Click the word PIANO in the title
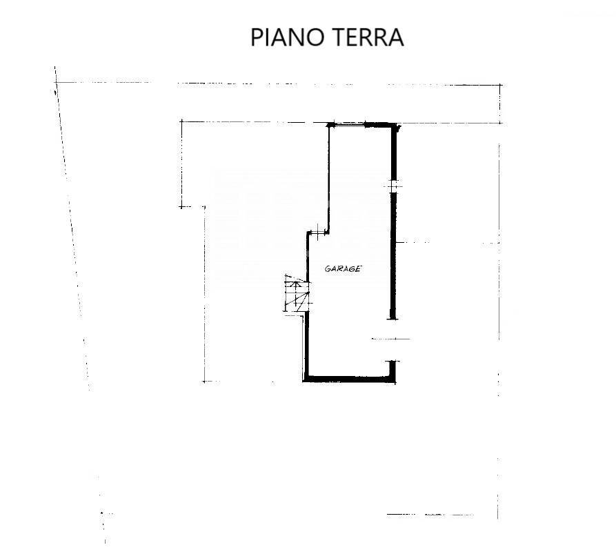(287, 37)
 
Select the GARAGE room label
(343, 269)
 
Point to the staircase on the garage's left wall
(297, 293)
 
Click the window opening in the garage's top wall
(350, 125)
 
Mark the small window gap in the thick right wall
(394, 186)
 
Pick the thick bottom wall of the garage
(350, 379)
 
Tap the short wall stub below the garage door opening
(393, 369)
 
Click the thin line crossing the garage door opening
(391, 339)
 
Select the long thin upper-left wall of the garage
(328, 179)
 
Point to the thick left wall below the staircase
(306, 346)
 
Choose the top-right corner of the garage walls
(396, 124)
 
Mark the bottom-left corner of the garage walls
(306, 380)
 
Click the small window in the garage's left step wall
(317, 232)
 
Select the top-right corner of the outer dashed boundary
(501, 84)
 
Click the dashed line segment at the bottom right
(430, 514)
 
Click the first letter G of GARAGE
(327, 269)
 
